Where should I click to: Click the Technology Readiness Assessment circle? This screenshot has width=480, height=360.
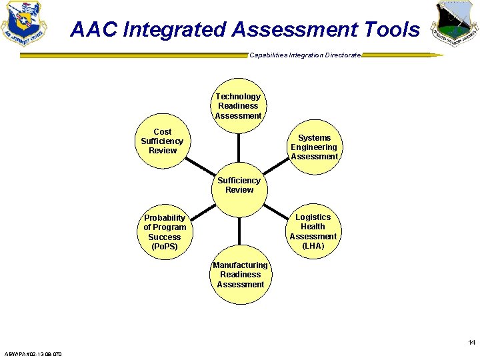pos(238,106)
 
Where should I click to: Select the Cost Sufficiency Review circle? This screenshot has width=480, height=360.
pos(162,141)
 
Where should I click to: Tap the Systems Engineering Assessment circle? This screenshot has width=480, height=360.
pos(313,147)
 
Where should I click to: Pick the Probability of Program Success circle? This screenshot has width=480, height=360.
pos(165,232)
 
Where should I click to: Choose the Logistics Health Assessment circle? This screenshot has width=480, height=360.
pos(313,231)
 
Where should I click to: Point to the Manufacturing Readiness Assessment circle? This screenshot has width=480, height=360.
pos(240,275)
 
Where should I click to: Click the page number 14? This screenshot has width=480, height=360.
pos(471,343)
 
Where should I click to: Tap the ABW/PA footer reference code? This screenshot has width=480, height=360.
pos(33,353)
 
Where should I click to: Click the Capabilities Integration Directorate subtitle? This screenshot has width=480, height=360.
pos(305,55)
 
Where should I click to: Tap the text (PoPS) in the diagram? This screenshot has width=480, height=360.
pos(165,247)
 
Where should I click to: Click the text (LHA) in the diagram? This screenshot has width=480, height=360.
pos(313,246)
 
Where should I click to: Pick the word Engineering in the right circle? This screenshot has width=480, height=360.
pos(314,147)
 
